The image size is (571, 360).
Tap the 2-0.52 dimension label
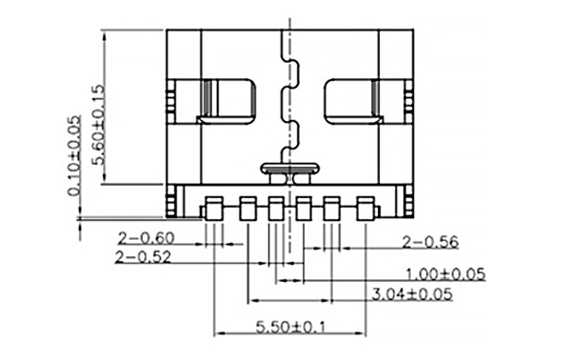143,256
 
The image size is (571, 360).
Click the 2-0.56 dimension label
431,240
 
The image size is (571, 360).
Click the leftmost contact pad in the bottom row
215,207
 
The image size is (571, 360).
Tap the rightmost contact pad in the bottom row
365,207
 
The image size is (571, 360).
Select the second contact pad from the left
247,207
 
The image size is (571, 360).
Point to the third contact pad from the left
276,207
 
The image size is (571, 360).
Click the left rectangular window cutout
228,100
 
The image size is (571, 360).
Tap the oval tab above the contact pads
289,170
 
